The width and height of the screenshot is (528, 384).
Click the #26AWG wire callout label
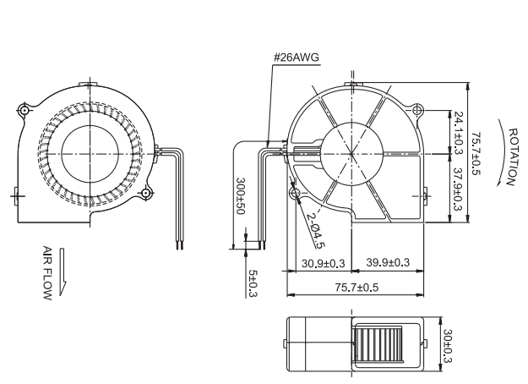point(296,58)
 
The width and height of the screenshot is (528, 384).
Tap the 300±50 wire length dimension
point(241,196)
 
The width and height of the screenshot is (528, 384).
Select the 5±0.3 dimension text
point(253,283)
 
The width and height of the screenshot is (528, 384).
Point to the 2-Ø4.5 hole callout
point(316,231)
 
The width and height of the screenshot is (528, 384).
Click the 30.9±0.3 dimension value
point(324,263)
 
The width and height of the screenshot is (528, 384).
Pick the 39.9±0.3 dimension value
point(388,262)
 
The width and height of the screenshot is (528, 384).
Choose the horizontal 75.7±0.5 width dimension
point(357,288)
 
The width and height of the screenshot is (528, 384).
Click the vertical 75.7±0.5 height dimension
point(476,153)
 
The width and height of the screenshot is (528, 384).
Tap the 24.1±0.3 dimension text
point(459,133)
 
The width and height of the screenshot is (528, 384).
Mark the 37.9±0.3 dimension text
point(457,189)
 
